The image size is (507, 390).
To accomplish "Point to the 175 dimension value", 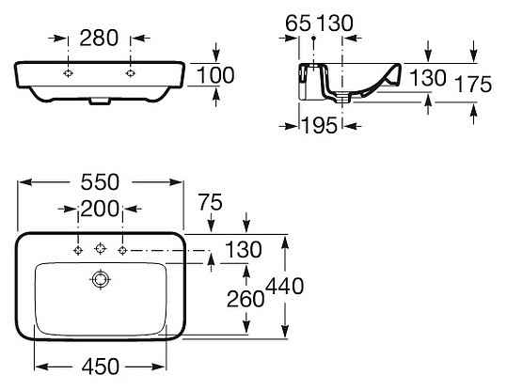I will [x=472, y=85].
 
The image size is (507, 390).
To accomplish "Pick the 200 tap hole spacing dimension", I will [x=100, y=210].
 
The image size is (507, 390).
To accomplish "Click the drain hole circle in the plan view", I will [x=100, y=279].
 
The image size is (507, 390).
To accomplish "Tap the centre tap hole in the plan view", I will [x=100, y=249].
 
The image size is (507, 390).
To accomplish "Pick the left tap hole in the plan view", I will [x=78, y=249].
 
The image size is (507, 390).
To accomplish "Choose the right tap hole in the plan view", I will [x=122, y=249].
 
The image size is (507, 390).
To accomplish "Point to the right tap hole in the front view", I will [x=130, y=73].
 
